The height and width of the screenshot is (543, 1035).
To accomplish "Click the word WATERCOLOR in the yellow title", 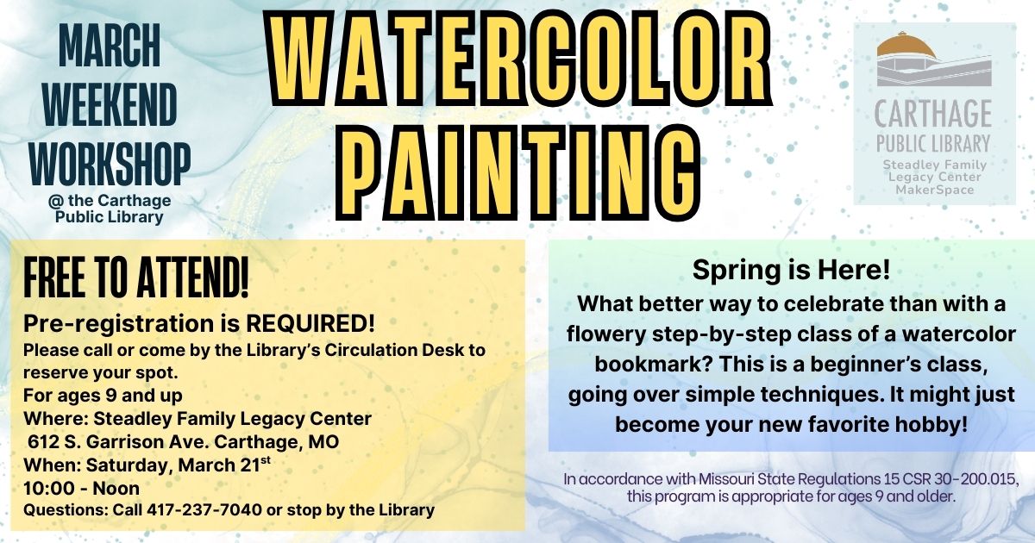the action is coord(522,58).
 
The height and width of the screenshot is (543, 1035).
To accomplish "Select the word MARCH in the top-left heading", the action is coord(110,45).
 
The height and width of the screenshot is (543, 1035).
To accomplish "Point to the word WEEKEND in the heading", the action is coord(110,105).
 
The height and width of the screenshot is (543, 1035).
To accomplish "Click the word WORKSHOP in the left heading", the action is coord(110,164).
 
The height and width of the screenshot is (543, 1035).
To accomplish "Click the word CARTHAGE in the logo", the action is coord(933,113).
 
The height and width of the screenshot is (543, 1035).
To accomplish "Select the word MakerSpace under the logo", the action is coord(934,190).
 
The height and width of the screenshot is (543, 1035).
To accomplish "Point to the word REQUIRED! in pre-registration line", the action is coord(310,324).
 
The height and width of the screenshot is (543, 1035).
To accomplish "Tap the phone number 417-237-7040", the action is coord(204,509).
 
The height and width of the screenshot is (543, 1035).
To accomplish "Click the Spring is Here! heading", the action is coord(791,270).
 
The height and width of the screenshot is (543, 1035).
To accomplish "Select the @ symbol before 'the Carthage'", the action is coord(55,201).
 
